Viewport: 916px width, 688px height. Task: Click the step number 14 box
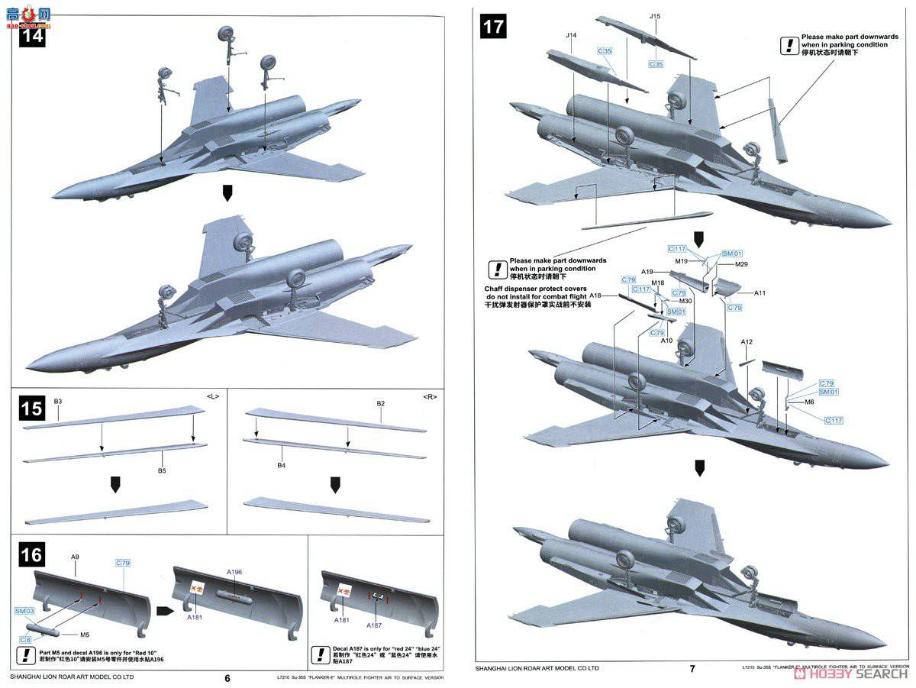click(32, 36)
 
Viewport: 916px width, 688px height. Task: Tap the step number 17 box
click(492, 27)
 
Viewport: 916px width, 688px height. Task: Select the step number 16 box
click(32, 553)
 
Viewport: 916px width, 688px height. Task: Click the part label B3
click(58, 402)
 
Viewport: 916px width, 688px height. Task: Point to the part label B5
click(162, 471)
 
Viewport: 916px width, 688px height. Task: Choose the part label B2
click(380, 403)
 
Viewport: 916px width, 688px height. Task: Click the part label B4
click(281, 465)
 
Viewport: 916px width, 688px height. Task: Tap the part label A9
click(75, 557)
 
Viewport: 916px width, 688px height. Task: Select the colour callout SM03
click(24, 611)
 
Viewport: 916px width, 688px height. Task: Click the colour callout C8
click(25, 638)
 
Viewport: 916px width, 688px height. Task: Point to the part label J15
click(655, 16)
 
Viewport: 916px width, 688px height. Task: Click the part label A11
click(760, 292)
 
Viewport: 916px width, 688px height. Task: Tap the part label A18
click(595, 296)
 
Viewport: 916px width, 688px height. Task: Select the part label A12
click(747, 342)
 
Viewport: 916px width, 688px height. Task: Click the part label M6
click(810, 402)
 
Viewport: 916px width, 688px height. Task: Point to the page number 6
click(227, 677)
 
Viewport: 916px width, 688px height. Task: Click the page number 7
click(692, 669)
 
